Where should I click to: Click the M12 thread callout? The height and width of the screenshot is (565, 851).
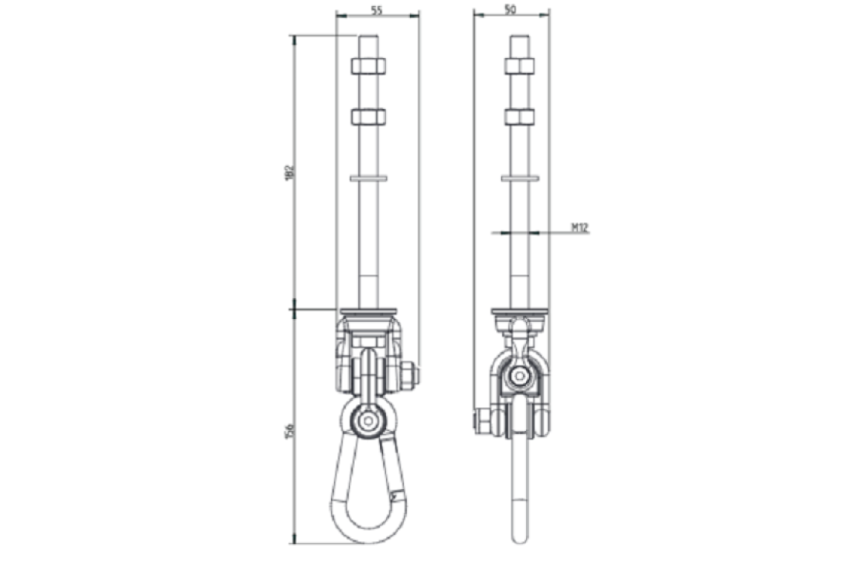click(580, 227)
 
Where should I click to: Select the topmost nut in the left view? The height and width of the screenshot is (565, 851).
click(368, 65)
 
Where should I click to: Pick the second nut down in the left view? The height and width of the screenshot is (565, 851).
click(368, 117)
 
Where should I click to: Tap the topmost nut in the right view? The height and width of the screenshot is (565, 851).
click(520, 65)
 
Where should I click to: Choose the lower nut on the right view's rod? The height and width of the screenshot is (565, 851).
click(520, 117)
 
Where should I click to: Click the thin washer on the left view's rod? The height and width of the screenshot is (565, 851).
click(368, 178)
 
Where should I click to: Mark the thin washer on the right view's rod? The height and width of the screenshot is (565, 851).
click(520, 178)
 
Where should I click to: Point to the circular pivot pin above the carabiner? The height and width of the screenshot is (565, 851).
click(366, 421)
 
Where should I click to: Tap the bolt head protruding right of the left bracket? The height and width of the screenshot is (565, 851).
click(411, 377)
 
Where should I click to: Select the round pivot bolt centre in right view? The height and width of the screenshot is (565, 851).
click(521, 377)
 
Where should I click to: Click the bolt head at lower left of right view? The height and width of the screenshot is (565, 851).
click(480, 422)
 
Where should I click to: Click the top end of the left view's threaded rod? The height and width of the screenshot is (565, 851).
click(368, 37)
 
